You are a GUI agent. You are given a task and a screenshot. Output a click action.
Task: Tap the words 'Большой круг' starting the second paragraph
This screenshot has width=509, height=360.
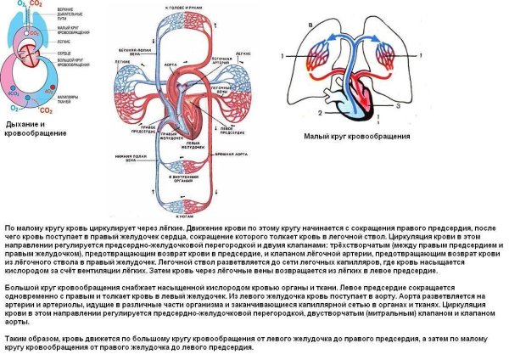click(26, 290)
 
